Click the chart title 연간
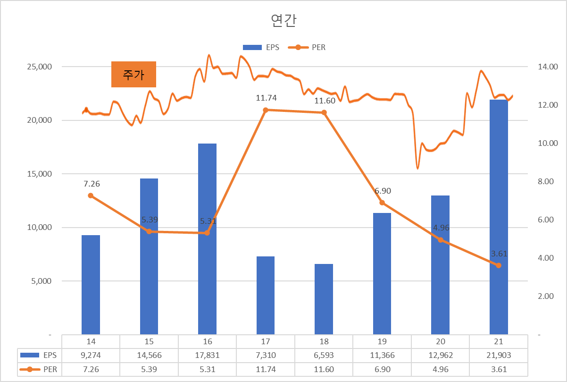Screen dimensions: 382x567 coord(283,20)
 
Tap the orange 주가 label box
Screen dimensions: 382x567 coord(133,75)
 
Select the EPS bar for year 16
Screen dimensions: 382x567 coord(207,238)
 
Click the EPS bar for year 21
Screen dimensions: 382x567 coord(499,217)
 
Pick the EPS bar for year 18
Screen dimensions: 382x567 coord(324,299)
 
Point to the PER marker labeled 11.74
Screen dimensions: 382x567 coord(266,110)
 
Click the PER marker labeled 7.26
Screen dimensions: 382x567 coord(91,195)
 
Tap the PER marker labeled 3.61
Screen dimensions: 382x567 coord(499,265)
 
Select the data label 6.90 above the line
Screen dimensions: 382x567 coord(383,191)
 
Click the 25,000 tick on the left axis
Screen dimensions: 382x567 coord(39,67)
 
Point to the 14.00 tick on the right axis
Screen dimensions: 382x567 coord(548,67)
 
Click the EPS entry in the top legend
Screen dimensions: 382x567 coord(261,47)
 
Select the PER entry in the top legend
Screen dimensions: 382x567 coord(310,47)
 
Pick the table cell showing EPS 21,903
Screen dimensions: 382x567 coord(499,356)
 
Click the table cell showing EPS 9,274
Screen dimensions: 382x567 coord(91,356)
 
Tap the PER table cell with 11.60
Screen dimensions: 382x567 coord(324,370)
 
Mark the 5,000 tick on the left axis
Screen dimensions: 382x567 coord(41,281)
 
